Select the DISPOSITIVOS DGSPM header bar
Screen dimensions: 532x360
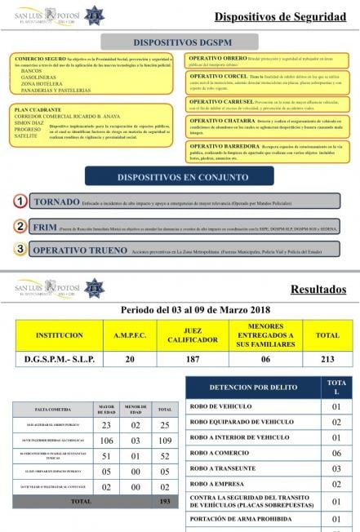tap(180, 42)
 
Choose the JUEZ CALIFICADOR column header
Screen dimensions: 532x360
tap(187, 335)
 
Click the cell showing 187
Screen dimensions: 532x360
tap(187, 359)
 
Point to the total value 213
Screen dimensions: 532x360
tap(327, 359)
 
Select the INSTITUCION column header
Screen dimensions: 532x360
tap(59, 335)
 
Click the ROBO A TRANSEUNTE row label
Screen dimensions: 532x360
tap(224, 468)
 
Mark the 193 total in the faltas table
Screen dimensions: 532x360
tap(165, 501)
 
